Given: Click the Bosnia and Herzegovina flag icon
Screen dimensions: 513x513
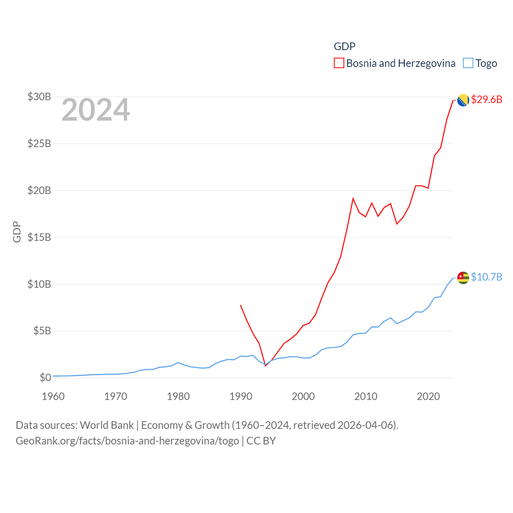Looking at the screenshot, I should point(463,100).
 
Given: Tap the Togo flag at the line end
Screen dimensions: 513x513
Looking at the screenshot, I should point(463,277).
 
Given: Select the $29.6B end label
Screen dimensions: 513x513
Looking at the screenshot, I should point(487,99).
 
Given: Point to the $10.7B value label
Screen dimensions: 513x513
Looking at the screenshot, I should point(487,277).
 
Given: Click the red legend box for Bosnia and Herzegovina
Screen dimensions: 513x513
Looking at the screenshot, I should point(339,63).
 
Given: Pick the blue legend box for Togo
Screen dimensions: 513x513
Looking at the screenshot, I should point(468,63).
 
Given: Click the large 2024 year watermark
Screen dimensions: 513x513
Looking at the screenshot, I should point(96,110).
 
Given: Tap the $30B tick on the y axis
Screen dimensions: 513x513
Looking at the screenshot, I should point(39,97).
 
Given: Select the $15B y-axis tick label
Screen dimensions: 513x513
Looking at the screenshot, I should point(39,237).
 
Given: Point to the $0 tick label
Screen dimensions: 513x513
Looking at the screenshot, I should point(45,378).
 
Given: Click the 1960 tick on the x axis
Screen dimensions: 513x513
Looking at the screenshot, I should point(53,396).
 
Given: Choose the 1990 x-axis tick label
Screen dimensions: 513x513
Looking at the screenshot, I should point(241,396).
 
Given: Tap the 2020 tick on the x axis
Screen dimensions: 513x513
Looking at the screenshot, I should point(428,396).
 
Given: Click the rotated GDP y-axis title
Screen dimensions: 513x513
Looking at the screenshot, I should point(17,232).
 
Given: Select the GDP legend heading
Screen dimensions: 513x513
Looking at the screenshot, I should point(345,46).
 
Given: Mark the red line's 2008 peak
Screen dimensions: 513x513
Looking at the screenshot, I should point(353,198).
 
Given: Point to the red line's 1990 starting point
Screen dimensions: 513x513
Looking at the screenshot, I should point(240,305).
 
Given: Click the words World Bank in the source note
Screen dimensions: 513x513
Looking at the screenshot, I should point(107,425).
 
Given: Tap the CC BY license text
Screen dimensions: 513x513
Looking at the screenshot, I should point(261,441).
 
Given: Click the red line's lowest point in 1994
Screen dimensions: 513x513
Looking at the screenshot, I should point(266,366).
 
